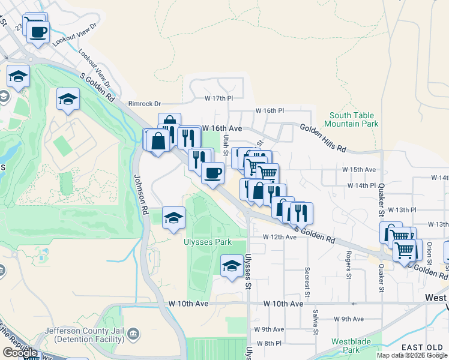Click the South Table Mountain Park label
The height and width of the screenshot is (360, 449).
(x=351, y=119)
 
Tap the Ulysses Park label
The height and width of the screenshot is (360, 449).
(x=207, y=242)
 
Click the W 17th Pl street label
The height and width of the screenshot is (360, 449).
(x=218, y=98)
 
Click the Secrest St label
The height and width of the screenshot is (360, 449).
(x=307, y=281)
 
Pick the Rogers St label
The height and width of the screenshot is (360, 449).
(x=348, y=265)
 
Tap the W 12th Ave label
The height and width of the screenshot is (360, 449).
(x=280, y=237)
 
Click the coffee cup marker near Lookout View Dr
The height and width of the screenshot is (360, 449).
(x=38, y=32)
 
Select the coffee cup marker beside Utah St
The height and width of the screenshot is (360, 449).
(x=212, y=173)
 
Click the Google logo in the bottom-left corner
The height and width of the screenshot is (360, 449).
(x=20, y=353)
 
